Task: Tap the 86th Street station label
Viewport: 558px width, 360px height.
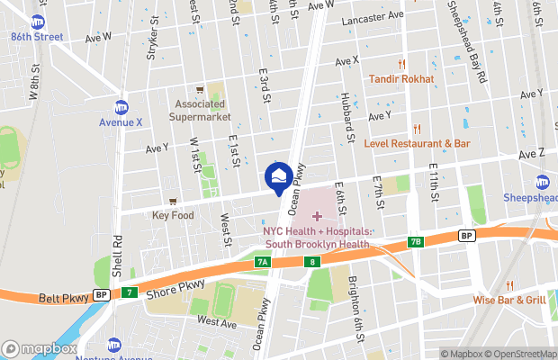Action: [x=38, y=37]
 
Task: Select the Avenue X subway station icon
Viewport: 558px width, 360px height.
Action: [x=121, y=106]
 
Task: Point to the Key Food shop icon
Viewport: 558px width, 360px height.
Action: [x=173, y=202]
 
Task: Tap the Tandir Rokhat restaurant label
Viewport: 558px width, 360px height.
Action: [x=400, y=79]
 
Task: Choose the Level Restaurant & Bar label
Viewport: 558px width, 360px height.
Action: [x=417, y=143]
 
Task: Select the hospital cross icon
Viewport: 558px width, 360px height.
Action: [x=316, y=216]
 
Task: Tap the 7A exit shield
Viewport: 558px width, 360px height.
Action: [x=263, y=262]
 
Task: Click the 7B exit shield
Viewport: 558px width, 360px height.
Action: [x=415, y=241]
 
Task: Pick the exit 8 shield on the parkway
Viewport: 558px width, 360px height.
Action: [x=311, y=262]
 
